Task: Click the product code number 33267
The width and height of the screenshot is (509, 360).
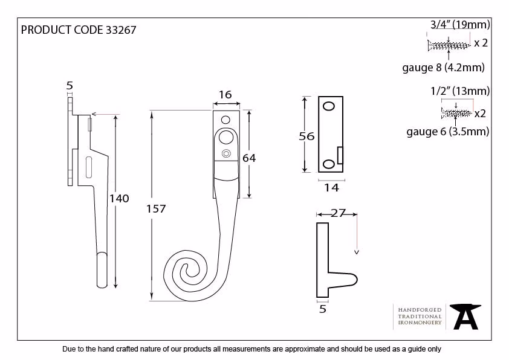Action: point(121,30)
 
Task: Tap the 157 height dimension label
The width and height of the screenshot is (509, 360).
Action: point(156,208)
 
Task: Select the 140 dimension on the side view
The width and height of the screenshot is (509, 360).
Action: point(119,198)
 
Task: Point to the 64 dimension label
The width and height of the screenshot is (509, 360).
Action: point(249,158)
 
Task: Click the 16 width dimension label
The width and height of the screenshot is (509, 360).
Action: point(225,94)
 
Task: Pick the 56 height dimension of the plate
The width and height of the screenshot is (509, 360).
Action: point(306,137)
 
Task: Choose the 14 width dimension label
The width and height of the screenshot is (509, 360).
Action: point(331,187)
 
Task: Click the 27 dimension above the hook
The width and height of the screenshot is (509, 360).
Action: point(337,213)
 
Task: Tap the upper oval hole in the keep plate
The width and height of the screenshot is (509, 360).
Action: point(329,106)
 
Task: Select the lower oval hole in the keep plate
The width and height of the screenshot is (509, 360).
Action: point(328,164)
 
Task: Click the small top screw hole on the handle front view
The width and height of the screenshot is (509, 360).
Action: point(225,120)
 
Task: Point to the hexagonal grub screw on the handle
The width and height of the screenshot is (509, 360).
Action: point(226,153)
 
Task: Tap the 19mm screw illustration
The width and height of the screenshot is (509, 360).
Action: point(449,45)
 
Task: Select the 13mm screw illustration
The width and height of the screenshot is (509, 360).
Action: point(456,113)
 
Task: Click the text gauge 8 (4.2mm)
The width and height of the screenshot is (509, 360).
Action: point(443,68)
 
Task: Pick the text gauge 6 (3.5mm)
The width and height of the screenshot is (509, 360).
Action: point(448,131)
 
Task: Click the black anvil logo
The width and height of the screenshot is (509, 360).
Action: point(465,317)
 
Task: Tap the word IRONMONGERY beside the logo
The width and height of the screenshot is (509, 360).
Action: point(420,323)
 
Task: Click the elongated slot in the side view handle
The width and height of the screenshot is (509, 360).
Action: point(89,167)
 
